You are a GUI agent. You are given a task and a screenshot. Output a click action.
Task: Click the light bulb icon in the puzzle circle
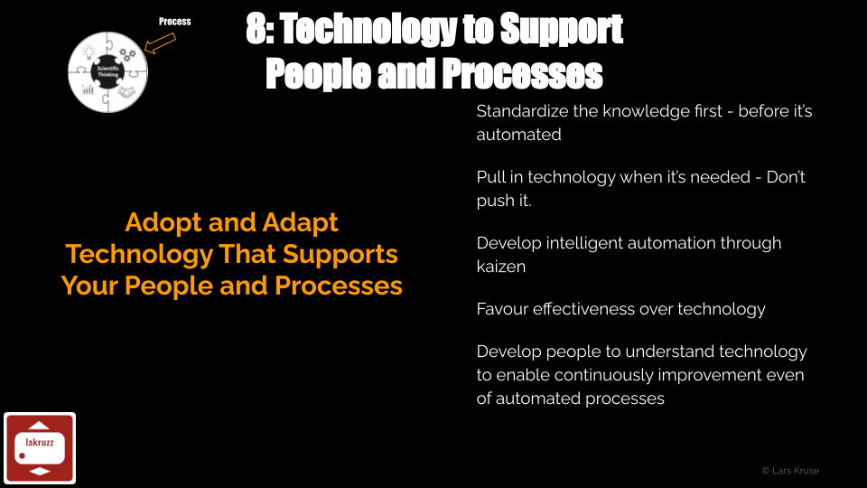[89, 52]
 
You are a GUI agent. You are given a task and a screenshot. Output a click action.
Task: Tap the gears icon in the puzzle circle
[127, 54]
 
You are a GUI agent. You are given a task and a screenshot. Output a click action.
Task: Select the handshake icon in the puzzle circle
[126, 92]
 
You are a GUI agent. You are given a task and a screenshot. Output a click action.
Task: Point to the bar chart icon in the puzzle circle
[88, 89]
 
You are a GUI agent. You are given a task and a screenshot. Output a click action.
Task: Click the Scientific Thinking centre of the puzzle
[107, 71]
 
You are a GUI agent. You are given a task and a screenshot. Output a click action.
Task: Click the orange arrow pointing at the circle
[160, 43]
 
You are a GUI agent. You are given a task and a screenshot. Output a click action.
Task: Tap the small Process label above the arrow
[174, 22]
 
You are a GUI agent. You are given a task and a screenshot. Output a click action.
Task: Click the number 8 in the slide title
[256, 29]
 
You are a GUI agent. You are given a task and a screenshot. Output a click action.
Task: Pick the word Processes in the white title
[523, 73]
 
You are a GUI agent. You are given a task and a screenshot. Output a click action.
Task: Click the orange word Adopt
[163, 223]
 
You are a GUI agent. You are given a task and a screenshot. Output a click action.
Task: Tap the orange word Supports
[340, 255]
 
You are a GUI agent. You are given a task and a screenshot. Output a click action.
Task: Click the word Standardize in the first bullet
[522, 111]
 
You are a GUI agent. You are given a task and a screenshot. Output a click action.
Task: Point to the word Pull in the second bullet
[489, 177]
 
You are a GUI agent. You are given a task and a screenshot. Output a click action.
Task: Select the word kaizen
[501, 266]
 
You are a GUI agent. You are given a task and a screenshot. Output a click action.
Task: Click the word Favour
[502, 309]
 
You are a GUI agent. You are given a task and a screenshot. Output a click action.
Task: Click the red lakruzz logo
[40, 448]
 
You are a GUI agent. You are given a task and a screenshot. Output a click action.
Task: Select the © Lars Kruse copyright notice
[791, 471]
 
